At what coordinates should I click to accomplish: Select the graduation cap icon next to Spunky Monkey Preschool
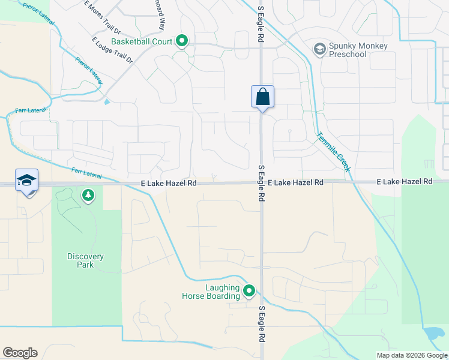point(320,49)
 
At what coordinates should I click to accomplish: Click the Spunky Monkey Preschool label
point(358,50)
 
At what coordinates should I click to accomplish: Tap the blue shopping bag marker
point(262,97)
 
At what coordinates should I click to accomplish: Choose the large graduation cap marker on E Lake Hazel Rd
point(26,180)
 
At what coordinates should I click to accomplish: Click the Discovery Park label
point(85,260)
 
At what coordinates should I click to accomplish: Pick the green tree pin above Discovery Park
point(88,195)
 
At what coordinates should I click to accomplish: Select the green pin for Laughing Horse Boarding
point(249,292)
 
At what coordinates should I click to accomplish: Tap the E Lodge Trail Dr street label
point(112,50)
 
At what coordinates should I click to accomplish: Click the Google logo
point(20,353)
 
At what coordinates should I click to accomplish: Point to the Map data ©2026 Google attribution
point(411,355)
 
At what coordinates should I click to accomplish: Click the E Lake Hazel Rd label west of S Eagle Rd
point(169,182)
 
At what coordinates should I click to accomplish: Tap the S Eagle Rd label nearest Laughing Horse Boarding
point(261,324)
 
